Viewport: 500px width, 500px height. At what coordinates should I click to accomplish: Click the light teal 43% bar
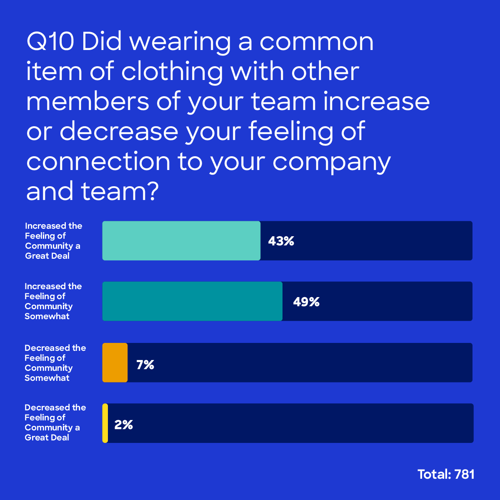click(181, 241)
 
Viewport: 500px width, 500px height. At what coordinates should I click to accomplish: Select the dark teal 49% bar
click(192, 301)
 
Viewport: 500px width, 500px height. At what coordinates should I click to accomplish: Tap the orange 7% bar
click(115, 362)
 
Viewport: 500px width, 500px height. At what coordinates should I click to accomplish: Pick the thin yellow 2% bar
click(105, 423)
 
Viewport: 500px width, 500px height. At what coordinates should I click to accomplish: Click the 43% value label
click(281, 241)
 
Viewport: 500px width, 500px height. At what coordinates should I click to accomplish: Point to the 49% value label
click(306, 302)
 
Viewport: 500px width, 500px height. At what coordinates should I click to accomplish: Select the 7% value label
click(145, 365)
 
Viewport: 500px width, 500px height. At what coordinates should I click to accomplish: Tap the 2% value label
click(124, 425)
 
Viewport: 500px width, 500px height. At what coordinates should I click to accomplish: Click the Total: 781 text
click(446, 474)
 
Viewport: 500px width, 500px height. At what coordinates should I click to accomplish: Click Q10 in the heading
click(50, 42)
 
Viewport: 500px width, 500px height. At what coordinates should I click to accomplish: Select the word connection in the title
click(98, 162)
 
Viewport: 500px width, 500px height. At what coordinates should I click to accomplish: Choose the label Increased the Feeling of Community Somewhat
click(53, 301)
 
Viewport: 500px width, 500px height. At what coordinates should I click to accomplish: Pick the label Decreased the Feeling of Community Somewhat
click(55, 363)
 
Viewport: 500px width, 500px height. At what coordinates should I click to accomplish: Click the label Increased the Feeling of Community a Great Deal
click(53, 241)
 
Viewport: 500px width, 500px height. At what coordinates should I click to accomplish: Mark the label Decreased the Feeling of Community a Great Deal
click(55, 422)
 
